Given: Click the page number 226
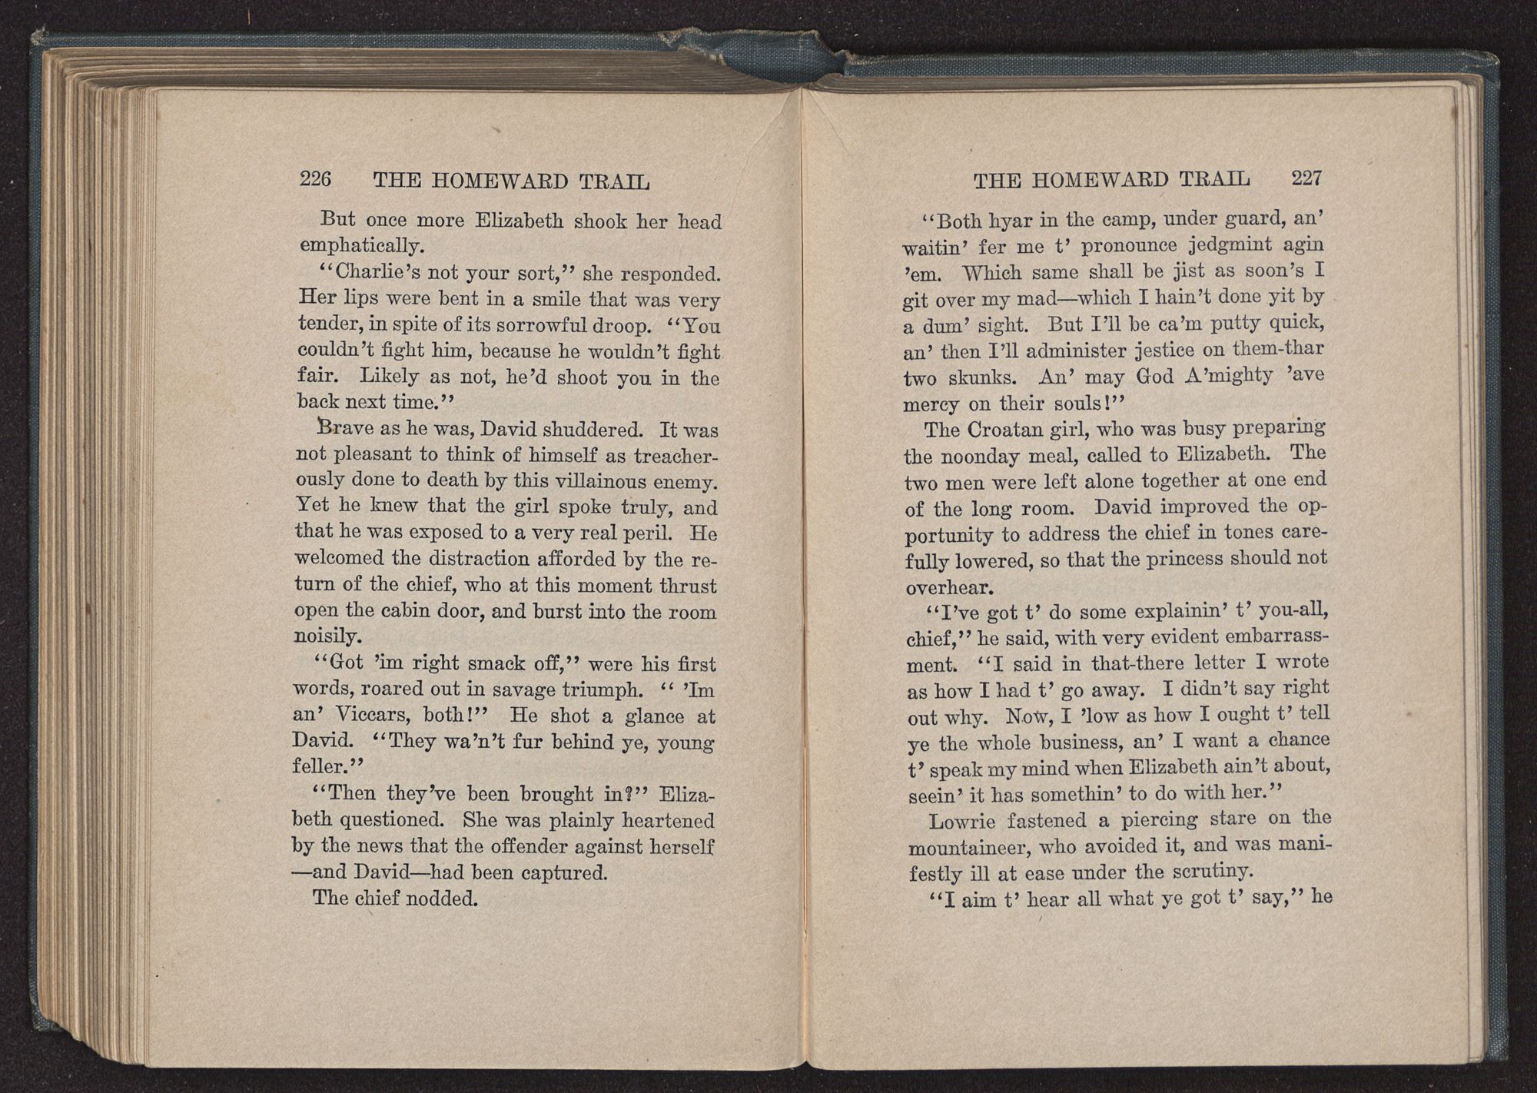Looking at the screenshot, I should pos(315,179).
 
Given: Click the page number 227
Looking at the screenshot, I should pos(1306,178).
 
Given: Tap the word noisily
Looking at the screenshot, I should pos(326,638).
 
